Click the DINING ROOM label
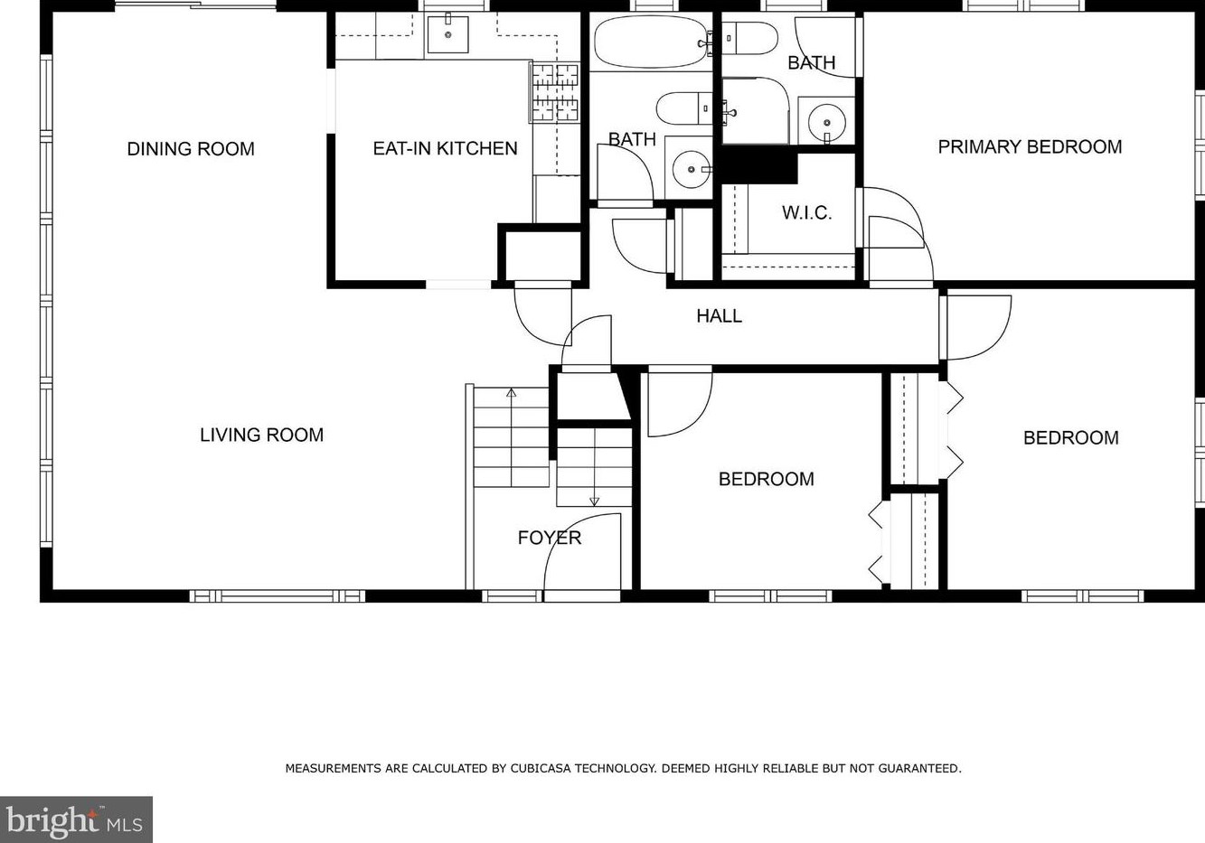click(191, 149)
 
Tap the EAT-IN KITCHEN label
click(445, 148)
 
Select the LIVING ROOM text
click(261, 435)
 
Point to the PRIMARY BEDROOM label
click(1030, 146)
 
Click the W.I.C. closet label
click(806, 213)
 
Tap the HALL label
click(720, 316)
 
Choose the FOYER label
click(550, 538)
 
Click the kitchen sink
click(447, 34)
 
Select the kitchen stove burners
click(555, 92)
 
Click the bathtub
click(651, 42)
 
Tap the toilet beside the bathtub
click(684, 108)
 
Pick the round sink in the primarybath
click(825, 121)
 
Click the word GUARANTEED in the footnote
click(919, 768)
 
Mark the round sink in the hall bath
click(691, 169)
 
